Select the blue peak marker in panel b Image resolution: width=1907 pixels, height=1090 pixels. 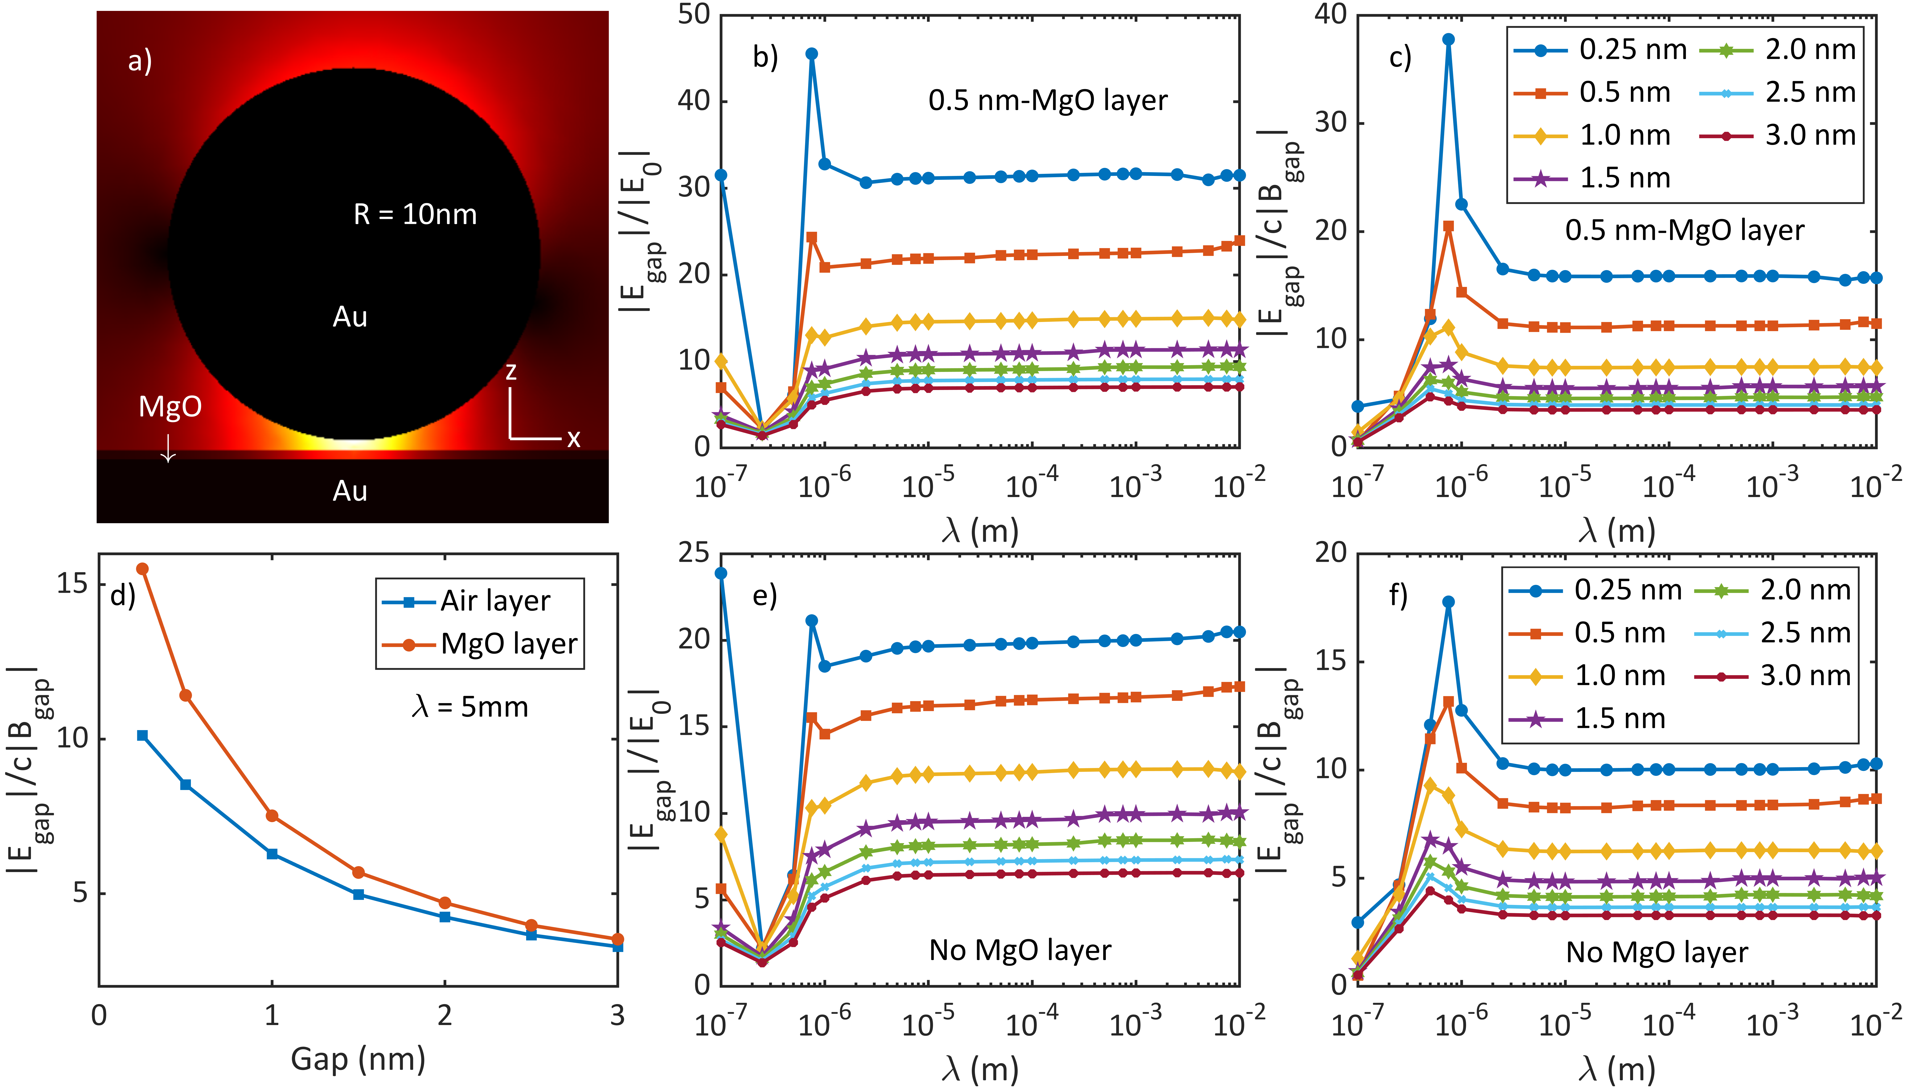(811, 54)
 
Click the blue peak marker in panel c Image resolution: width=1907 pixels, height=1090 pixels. (1448, 40)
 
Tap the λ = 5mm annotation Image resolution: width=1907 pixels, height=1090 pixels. (470, 707)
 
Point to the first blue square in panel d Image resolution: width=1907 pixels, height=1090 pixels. (142, 736)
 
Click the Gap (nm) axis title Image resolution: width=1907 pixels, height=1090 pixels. (358, 1059)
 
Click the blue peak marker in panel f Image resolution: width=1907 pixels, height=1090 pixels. (1448, 602)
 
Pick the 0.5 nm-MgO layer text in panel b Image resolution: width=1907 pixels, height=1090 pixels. (1048, 100)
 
